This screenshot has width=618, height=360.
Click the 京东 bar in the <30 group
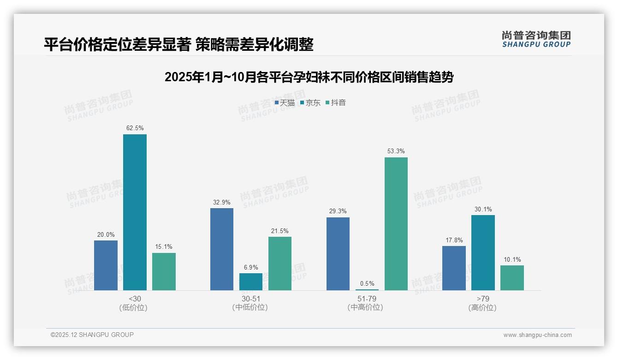point(135,212)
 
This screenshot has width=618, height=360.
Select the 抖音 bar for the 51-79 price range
point(396,224)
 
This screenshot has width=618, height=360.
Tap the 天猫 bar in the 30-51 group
point(222,249)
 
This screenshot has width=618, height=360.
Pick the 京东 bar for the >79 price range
point(483,252)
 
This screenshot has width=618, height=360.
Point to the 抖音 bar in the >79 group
point(512,278)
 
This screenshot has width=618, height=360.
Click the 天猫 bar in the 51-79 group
point(338,254)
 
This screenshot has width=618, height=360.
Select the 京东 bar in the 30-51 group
point(251,282)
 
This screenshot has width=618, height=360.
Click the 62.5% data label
point(135,128)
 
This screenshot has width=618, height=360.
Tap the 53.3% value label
point(396,151)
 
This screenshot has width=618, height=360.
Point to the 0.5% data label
point(367,284)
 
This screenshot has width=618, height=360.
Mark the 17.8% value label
point(454,240)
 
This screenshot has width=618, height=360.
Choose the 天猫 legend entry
point(285,103)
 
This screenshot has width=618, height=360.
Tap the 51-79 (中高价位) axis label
point(367,303)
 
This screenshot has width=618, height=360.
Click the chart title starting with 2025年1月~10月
point(309,77)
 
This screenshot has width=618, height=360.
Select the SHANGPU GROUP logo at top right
point(536,39)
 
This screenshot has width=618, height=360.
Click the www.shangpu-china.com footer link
point(537,335)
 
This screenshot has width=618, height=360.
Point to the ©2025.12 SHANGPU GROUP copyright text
point(92,335)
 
